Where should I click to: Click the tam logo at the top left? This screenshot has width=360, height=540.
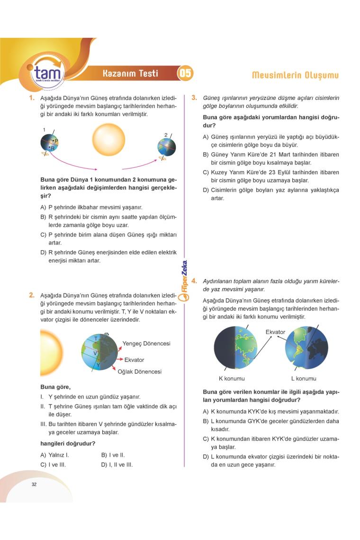click(x=46, y=74)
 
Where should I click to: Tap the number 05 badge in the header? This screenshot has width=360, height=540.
click(x=185, y=73)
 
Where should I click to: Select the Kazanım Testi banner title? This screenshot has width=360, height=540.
click(x=130, y=73)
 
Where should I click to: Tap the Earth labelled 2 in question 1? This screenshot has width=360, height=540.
click(x=167, y=147)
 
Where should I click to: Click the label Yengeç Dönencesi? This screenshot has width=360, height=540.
click(x=146, y=343)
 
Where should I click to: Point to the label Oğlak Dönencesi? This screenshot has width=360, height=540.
click(x=139, y=371)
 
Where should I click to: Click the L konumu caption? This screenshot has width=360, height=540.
click(x=304, y=378)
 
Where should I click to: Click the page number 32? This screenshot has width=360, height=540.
click(x=34, y=484)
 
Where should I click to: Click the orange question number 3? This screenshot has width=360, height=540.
click(x=194, y=98)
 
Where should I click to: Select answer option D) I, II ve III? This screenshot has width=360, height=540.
click(x=117, y=465)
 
